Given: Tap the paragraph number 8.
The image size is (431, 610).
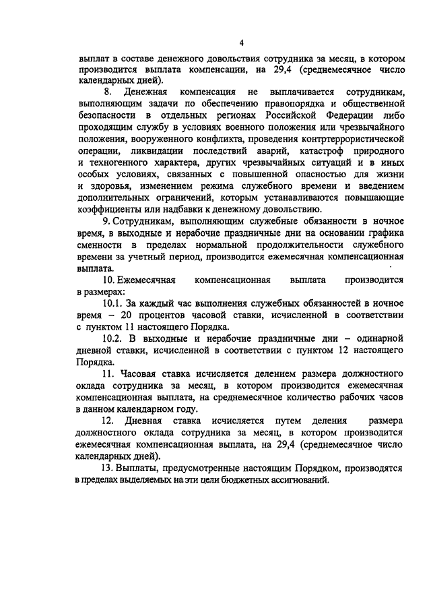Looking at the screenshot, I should pos(106,91).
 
